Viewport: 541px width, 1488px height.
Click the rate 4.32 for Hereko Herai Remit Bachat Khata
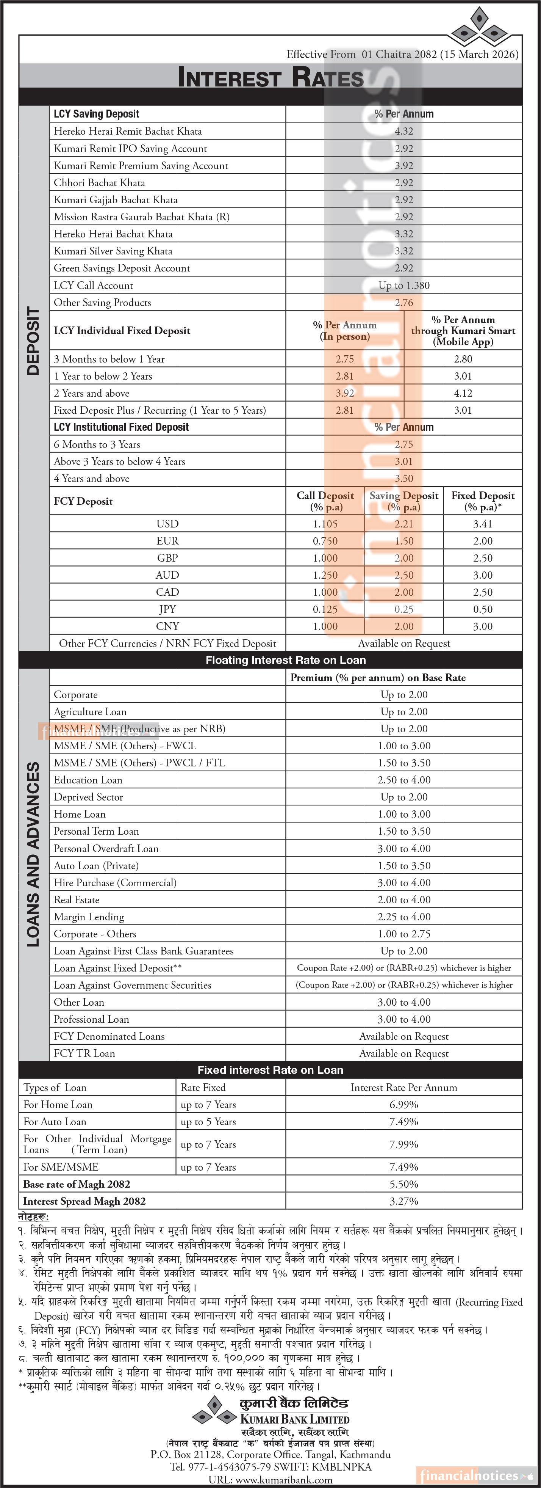coord(403,131)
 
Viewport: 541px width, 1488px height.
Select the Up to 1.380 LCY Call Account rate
coord(403,286)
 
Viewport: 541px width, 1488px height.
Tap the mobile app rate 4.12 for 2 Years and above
coord(463,393)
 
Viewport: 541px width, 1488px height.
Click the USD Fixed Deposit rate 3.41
coord(483,524)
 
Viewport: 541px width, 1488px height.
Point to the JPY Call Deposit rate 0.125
coord(325,609)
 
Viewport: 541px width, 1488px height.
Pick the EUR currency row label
coord(167,541)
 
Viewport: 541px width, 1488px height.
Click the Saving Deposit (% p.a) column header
coord(403,501)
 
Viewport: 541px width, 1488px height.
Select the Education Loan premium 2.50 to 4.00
coord(403,780)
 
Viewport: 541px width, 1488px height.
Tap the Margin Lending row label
coord(89,917)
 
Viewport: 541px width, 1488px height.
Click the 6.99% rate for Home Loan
coord(403,1105)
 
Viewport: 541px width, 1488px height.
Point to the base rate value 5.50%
coord(403,1184)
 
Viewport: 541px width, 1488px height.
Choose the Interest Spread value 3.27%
coord(403,1201)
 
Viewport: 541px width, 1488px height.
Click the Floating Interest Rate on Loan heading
coord(285,660)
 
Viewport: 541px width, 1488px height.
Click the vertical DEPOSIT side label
coord(33,341)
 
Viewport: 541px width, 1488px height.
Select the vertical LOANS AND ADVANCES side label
coord(33,855)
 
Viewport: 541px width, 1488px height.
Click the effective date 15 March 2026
coord(479,54)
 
